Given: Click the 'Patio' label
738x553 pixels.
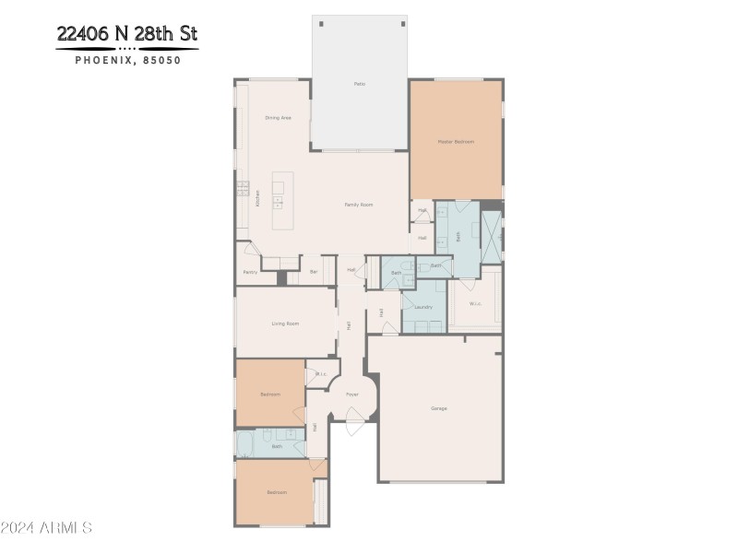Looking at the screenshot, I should [x=360, y=84].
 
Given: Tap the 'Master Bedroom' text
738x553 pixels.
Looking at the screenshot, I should [x=456, y=141].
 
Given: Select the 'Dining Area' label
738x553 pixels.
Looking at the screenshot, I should [x=278, y=118].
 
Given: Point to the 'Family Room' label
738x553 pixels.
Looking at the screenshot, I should [x=358, y=205].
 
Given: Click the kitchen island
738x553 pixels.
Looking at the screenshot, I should [x=282, y=203].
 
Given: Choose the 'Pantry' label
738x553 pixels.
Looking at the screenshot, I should [x=250, y=272].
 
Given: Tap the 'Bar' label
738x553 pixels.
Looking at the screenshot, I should [x=314, y=272].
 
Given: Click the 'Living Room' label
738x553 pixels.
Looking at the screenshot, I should [x=285, y=324].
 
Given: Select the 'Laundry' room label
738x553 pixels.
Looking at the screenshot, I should [x=423, y=307].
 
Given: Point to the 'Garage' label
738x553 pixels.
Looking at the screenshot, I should [x=439, y=408].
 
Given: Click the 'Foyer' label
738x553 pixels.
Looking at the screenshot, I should [x=352, y=394].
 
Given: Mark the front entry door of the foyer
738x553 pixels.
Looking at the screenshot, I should [x=355, y=427].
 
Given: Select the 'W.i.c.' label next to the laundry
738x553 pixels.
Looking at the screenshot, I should [x=474, y=303].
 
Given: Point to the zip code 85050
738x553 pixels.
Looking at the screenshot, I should [x=161, y=61].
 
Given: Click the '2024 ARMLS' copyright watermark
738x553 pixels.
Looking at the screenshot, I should [x=46, y=527].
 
